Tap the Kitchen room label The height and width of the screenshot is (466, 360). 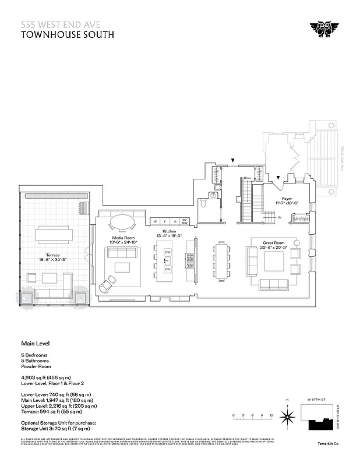click(x=169, y=231)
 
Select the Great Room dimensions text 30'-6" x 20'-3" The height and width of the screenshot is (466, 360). click(x=274, y=247)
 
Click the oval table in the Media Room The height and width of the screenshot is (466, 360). click(x=123, y=222)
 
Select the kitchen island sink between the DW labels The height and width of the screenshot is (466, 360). click(x=167, y=260)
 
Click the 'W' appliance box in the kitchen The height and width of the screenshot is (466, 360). click(x=156, y=221)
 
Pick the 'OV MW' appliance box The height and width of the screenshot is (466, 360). click(x=184, y=221)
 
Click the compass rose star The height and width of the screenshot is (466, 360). click(x=287, y=416)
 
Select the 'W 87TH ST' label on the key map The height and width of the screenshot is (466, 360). click(x=315, y=400)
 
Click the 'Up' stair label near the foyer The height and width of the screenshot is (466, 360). click(x=280, y=217)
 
